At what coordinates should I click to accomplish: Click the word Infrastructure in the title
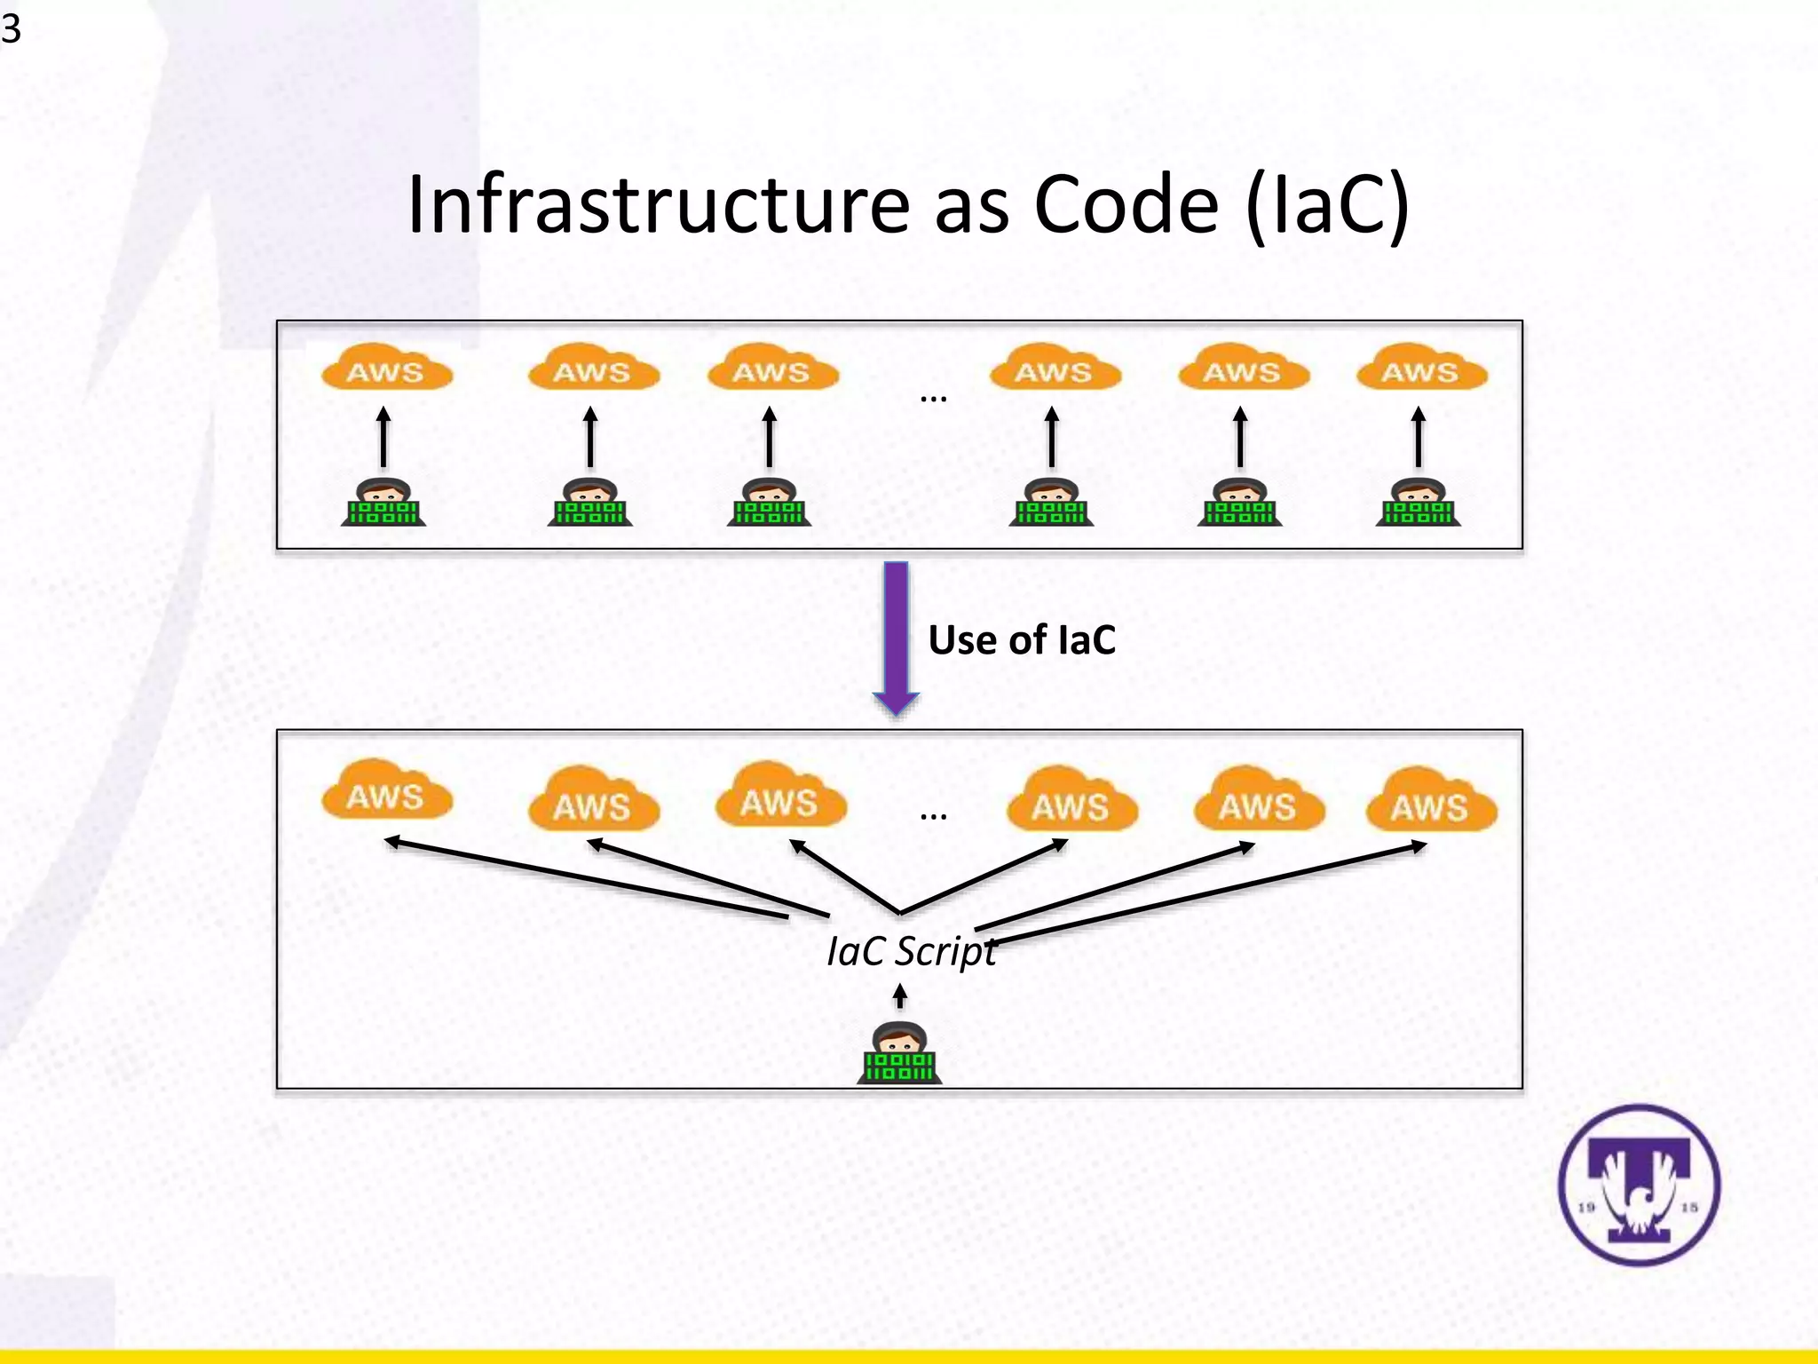[x=658, y=205]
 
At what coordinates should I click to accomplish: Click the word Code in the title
[x=1126, y=205]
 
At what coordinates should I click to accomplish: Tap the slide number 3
[x=11, y=29]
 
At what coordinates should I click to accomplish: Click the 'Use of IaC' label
[x=1022, y=640]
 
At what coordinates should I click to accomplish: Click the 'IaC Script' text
[x=911, y=951]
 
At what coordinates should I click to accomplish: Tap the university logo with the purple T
[x=1639, y=1185]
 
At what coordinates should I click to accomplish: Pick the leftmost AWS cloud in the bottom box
[x=386, y=792]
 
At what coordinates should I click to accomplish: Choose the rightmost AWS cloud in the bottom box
[x=1431, y=802]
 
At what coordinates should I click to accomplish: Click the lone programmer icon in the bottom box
[x=899, y=1054]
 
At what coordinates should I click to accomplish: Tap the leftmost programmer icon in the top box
[x=383, y=504]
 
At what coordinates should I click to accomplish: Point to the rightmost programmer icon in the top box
[x=1418, y=504]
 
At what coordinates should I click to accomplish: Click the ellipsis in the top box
[x=933, y=399]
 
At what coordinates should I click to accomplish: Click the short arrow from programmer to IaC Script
[x=899, y=995]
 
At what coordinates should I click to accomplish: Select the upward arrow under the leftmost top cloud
[x=383, y=437]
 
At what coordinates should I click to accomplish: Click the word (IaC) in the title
[x=1327, y=205]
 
